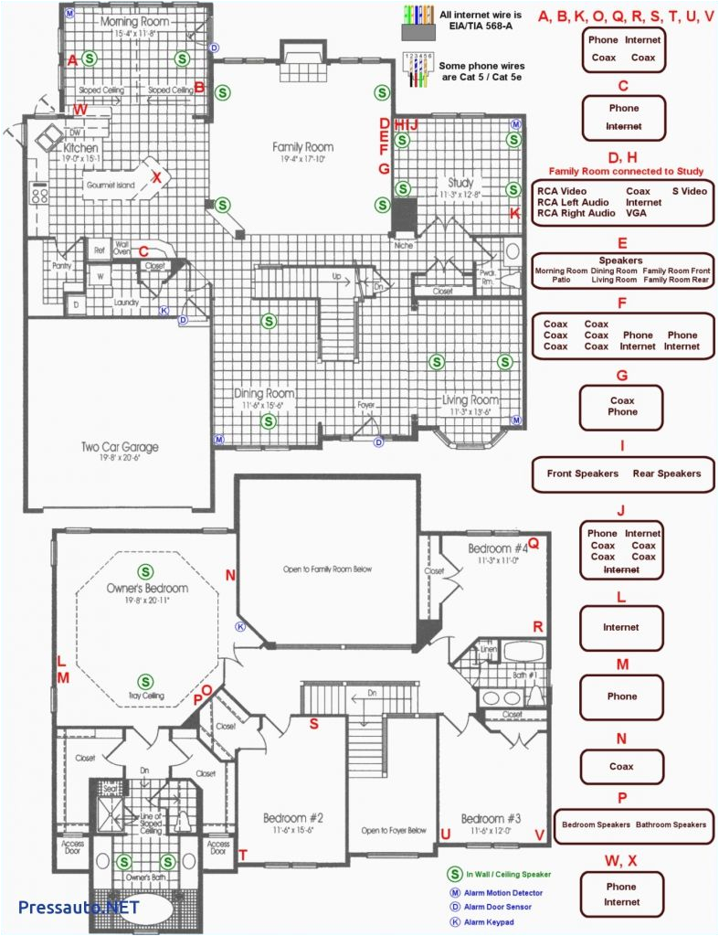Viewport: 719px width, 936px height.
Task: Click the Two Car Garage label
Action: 119,447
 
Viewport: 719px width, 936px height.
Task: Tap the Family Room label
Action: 302,147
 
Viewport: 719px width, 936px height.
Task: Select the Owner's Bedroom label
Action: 147,588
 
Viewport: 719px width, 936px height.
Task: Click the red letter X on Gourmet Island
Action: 156,177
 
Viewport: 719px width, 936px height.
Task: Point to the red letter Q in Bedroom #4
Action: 534,544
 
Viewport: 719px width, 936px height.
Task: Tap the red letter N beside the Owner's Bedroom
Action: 230,575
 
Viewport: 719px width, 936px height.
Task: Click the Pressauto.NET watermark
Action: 78,907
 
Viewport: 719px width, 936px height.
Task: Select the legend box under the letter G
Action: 622,406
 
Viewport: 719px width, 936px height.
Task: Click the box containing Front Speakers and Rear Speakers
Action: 623,473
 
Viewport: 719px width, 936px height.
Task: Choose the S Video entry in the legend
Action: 689,191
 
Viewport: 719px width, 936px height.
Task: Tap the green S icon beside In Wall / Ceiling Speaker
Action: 453,875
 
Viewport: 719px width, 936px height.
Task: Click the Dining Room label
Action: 263,393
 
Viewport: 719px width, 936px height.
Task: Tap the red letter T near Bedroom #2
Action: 243,855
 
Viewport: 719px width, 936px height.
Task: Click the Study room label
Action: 460,183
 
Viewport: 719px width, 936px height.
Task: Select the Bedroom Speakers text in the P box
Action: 596,824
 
